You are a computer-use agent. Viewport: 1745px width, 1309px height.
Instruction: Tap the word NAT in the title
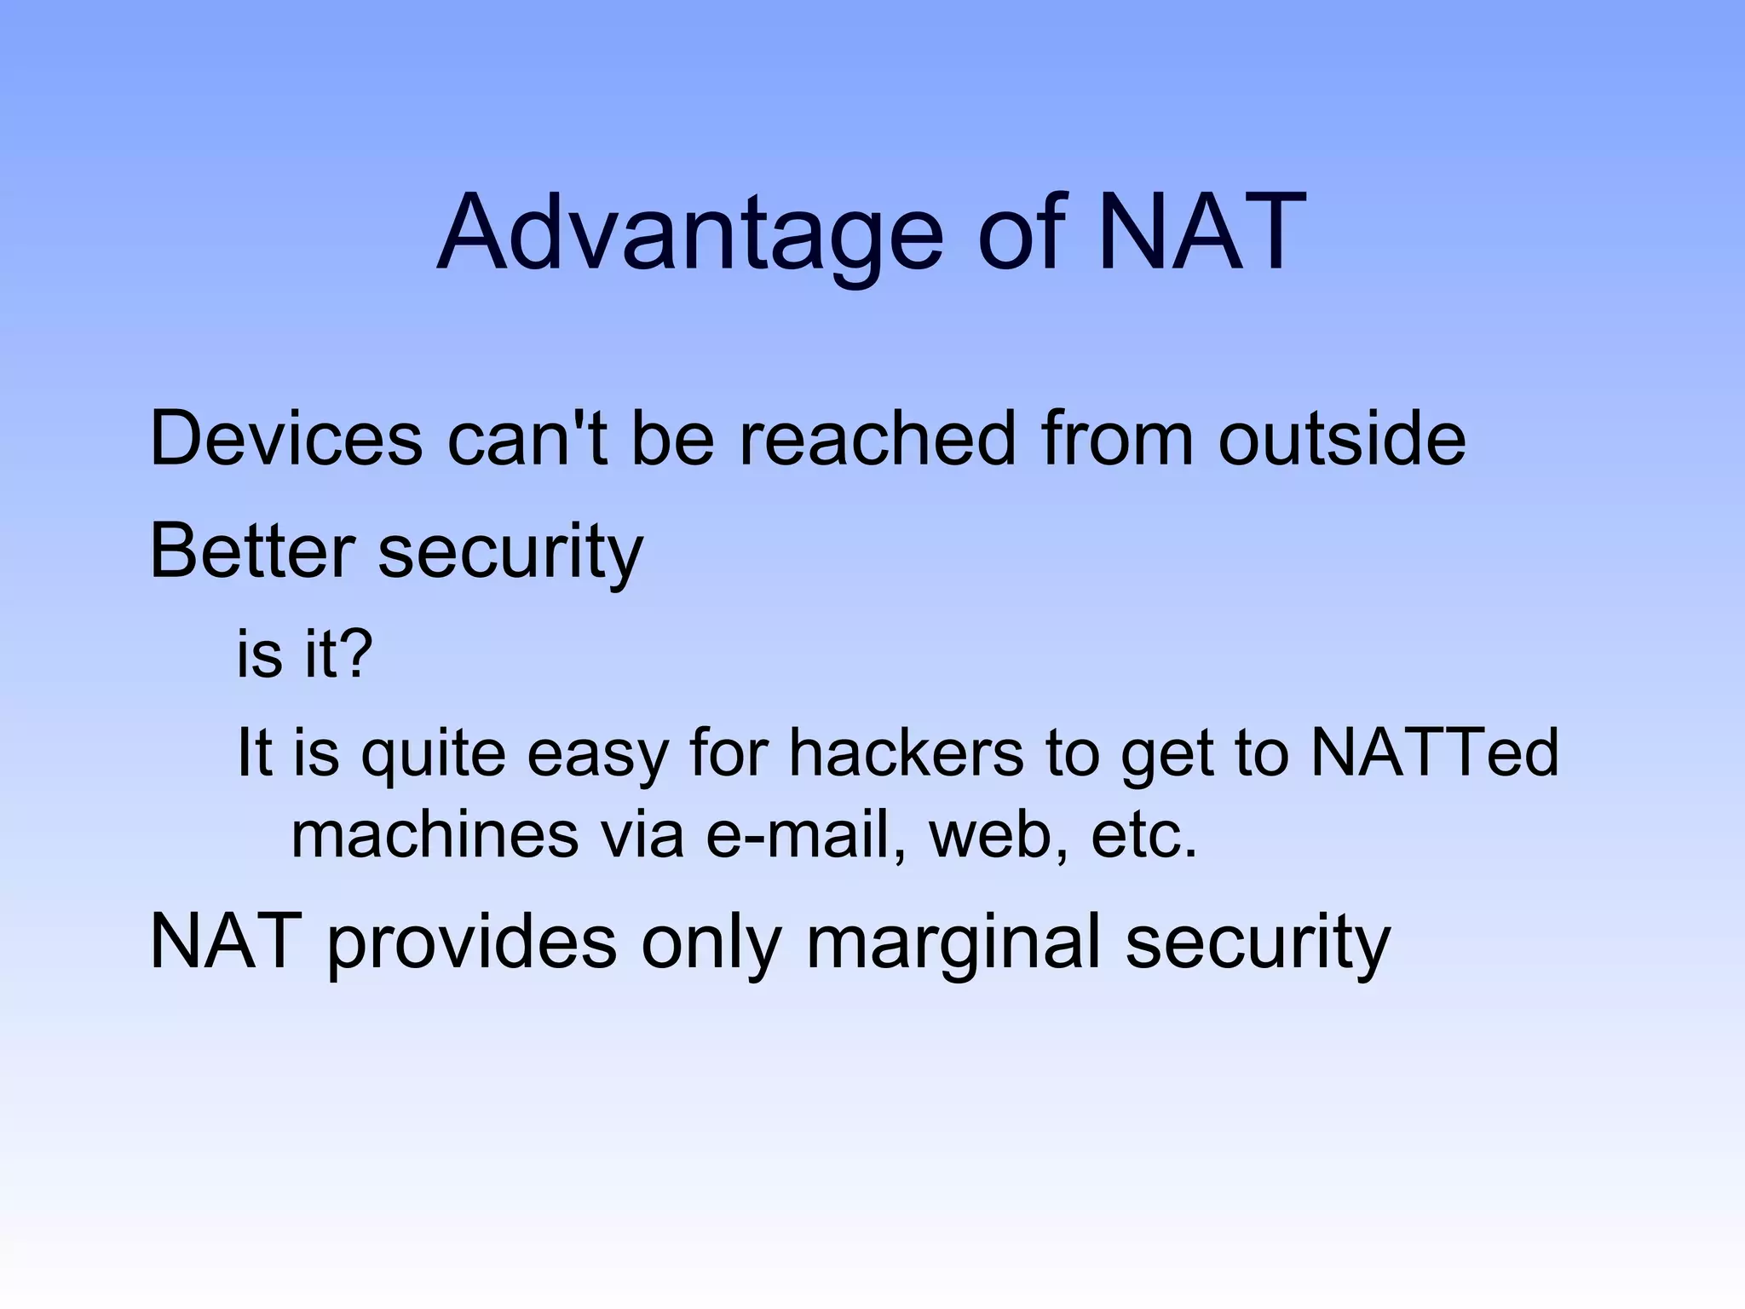(x=1201, y=232)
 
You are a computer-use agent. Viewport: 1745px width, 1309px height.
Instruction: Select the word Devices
(x=285, y=440)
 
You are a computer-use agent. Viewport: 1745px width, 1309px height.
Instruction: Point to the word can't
(x=527, y=440)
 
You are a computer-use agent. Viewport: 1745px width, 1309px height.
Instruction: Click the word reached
(x=877, y=440)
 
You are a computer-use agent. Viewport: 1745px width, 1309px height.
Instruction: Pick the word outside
(x=1341, y=440)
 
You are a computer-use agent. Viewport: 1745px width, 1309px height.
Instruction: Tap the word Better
(x=251, y=552)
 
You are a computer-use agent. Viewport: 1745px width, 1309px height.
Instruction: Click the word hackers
(x=905, y=753)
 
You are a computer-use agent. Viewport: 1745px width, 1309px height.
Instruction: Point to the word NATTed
(x=1434, y=753)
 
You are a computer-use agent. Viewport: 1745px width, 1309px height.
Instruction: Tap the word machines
(x=435, y=835)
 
